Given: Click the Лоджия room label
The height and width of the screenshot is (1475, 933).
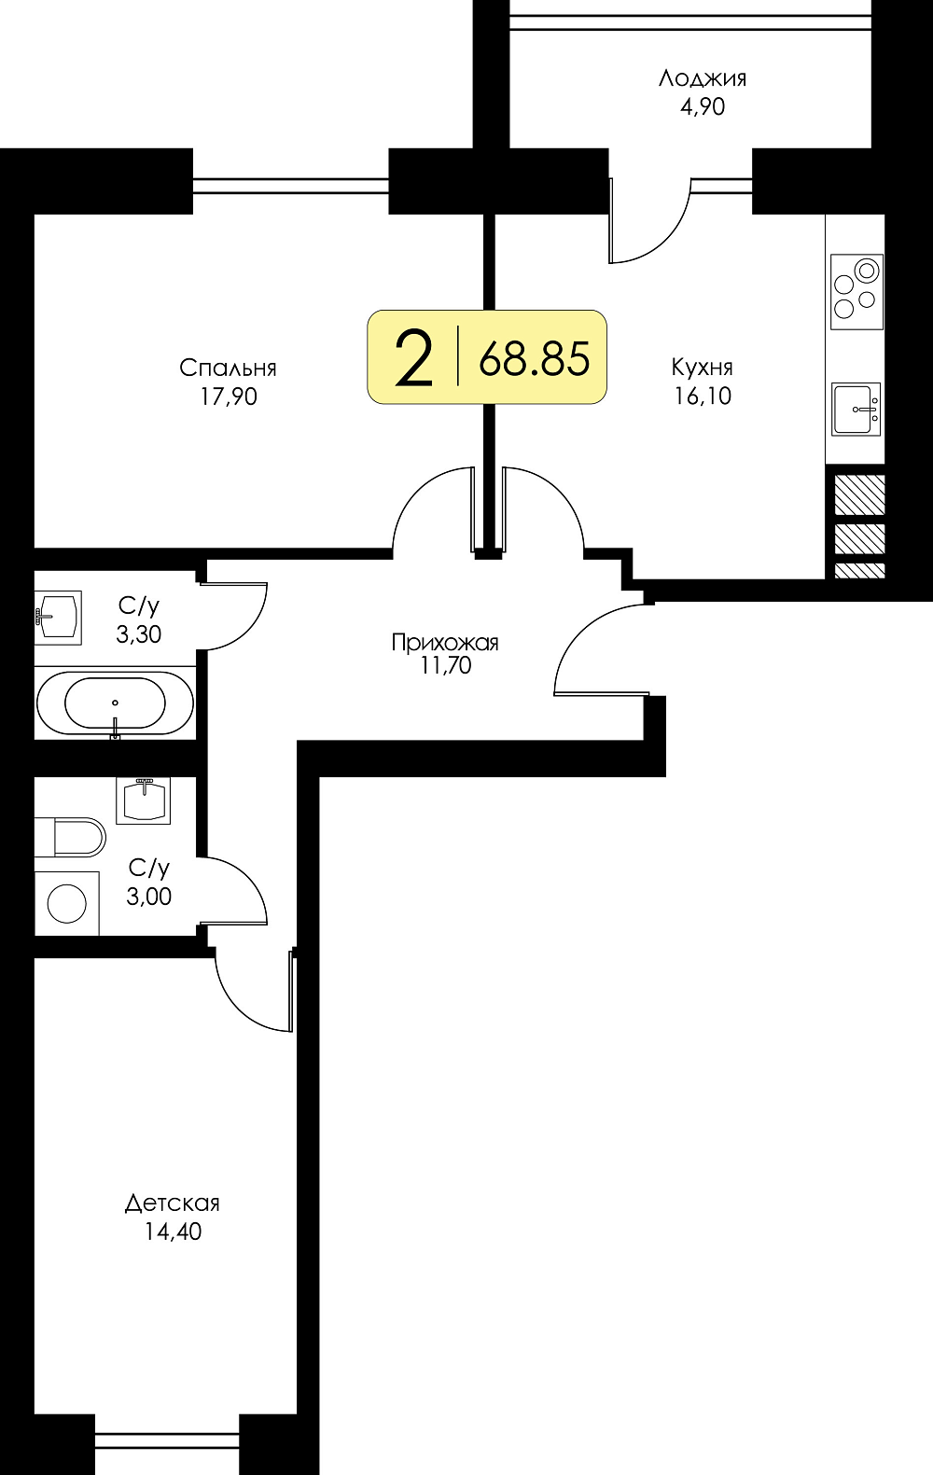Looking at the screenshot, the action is pyautogui.click(x=703, y=79).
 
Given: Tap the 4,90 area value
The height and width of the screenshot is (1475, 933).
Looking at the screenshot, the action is pyautogui.click(x=703, y=106).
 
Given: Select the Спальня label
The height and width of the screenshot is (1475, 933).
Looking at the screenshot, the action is pyautogui.click(x=228, y=369).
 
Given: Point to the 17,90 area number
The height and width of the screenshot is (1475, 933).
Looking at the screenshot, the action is pyautogui.click(x=229, y=397).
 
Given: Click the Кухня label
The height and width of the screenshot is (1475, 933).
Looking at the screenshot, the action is pyautogui.click(x=702, y=367).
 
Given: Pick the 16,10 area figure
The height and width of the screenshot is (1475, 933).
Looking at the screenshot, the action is pyautogui.click(x=703, y=396).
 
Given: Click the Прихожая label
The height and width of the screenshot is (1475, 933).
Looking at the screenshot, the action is pyautogui.click(x=445, y=642).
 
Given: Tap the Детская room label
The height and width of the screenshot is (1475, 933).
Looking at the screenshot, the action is pyautogui.click(x=173, y=1204).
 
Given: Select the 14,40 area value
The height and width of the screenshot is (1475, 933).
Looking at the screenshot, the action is pyautogui.click(x=174, y=1231).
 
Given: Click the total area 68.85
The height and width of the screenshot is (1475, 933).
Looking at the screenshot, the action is pyautogui.click(x=534, y=359).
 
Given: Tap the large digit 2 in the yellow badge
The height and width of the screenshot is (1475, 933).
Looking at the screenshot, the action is pyautogui.click(x=414, y=358).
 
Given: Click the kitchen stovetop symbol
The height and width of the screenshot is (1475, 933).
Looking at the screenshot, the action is pyautogui.click(x=856, y=292).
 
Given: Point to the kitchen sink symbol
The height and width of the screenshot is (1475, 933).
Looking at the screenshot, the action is pyautogui.click(x=856, y=409).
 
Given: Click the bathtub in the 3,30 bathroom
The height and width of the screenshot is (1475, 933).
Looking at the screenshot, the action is pyautogui.click(x=116, y=703).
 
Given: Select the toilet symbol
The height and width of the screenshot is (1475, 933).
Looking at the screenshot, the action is pyautogui.click(x=70, y=837).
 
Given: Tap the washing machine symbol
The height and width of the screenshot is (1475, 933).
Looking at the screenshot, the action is pyautogui.click(x=67, y=903).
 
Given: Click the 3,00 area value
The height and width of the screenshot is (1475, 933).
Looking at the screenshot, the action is pyautogui.click(x=148, y=897).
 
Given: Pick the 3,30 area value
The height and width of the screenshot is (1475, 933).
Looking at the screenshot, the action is pyautogui.click(x=138, y=634).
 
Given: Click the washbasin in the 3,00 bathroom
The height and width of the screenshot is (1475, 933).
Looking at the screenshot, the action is pyautogui.click(x=144, y=800).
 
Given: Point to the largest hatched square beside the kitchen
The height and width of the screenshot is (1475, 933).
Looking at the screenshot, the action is pyautogui.click(x=860, y=494).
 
